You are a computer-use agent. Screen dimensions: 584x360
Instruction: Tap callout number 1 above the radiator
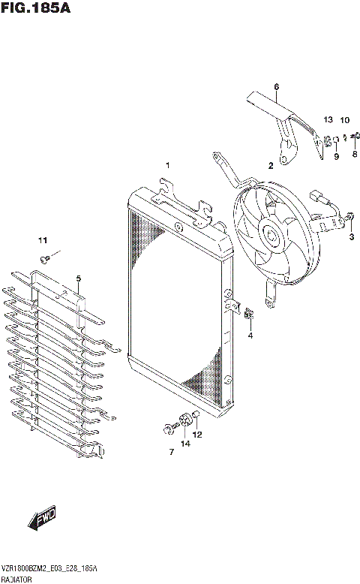pyautogui.click(x=168, y=165)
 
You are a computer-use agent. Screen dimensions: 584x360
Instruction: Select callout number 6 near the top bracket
pyautogui.click(x=276, y=87)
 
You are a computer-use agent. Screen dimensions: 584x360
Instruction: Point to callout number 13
pyautogui.click(x=328, y=120)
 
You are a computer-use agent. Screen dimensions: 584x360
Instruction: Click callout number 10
pyautogui.click(x=345, y=120)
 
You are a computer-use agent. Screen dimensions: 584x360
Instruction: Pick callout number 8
pyautogui.click(x=355, y=154)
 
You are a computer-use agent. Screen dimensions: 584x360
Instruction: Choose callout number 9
pyautogui.click(x=337, y=156)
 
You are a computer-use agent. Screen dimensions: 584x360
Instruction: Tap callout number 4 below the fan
pyautogui.click(x=250, y=336)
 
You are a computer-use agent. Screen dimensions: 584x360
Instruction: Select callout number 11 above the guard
pyautogui.click(x=43, y=240)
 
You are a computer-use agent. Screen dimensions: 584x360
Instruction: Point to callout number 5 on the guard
pyautogui.click(x=78, y=278)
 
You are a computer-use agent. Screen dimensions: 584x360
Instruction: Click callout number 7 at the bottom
pyautogui.click(x=171, y=451)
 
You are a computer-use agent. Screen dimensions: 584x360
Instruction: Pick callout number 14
pyautogui.click(x=184, y=444)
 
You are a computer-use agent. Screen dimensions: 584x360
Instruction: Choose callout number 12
pyautogui.click(x=198, y=435)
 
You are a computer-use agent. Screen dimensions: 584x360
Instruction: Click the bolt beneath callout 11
pyautogui.click(x=45, y=259)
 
